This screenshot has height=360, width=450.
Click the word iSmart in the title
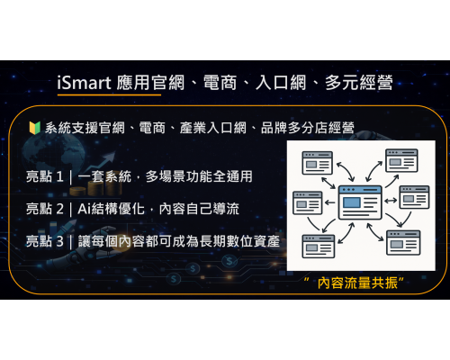(83, 85)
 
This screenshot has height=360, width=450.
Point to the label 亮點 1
(44, 177)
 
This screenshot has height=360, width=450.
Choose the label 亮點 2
(44, 209)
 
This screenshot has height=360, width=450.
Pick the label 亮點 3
(44, 241)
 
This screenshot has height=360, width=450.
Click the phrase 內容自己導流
(202, 209)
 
